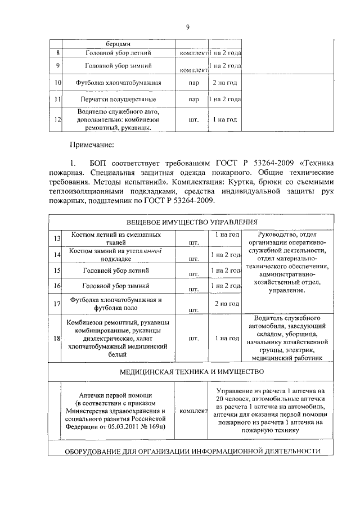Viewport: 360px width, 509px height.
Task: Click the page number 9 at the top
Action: tap(188, 26)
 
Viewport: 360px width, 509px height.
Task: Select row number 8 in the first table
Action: tap(57, 53)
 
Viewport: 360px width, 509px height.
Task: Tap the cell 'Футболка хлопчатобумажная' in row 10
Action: tap(119, 83)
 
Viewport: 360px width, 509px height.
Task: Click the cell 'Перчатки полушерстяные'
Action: tap(119, 100)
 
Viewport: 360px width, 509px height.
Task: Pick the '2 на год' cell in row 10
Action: tap(224, 83)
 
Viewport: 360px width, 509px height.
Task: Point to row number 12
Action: tap(57, 120)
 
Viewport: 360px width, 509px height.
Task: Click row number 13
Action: tap(57, 239)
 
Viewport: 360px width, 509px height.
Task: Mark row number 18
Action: tap(57, 339)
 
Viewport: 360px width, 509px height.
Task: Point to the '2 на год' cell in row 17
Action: tap(224, 304)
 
